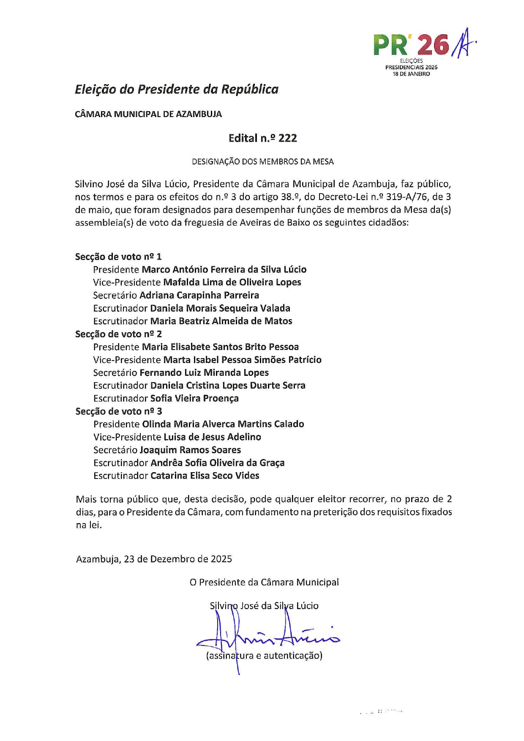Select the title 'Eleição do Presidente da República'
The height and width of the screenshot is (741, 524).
pos(177,89)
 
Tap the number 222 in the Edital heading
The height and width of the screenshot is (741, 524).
pos(287,138)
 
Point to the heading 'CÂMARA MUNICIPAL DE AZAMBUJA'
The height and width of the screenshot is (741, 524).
pos(148,114)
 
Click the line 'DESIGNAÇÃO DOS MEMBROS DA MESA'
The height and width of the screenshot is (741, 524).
pos(262,161)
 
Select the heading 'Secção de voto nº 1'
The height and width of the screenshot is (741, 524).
pos(118,257)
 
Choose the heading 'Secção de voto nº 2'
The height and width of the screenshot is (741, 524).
pos(118,334)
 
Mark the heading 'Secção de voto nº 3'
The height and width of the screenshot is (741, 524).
pos(119,411)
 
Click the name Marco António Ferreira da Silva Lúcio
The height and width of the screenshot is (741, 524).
pos(224,269)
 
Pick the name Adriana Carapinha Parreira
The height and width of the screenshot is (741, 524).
pos(199,295)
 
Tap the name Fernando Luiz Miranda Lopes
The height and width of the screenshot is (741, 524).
pos(204,372)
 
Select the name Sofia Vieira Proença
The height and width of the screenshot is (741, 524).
pos(194,398)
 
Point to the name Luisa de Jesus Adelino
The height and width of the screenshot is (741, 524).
pos(212,437)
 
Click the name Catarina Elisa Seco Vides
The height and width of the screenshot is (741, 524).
pos(205,476)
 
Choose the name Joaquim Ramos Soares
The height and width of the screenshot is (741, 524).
pos(190,450)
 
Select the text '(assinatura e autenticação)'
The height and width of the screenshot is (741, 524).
pos(264,656)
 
